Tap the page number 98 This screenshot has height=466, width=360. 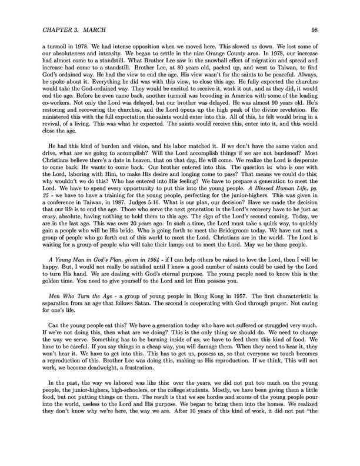coord(315,28)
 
